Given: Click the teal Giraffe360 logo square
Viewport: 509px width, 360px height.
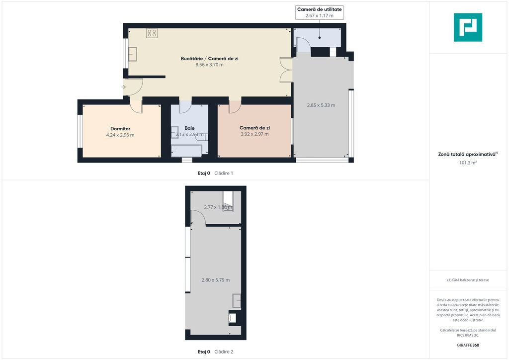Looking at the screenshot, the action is coord(468,27).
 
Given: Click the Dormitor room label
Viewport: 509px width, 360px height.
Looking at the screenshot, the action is coord(120,129).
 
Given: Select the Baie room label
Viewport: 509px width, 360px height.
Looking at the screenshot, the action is coord(189,128).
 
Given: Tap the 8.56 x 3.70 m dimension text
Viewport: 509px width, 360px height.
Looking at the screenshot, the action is coord(209,65).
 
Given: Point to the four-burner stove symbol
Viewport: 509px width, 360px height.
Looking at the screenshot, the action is coord(152,33).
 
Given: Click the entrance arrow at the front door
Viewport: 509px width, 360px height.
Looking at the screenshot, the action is coord(123,87).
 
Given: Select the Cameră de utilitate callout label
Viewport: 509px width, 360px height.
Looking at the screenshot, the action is coord(320,9).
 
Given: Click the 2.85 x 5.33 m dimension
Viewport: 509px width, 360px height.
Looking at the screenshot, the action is coord(321,105).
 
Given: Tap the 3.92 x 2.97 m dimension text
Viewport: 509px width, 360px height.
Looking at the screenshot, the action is coord(254,134).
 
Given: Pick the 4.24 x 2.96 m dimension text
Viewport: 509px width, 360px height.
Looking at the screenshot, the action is coord(120,135).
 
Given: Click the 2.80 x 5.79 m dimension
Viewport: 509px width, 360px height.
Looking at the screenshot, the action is coord(216,280).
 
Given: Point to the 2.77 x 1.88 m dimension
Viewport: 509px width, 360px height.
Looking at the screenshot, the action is coord(218,207).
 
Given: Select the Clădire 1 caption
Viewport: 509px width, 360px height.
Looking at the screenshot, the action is coord(224,174).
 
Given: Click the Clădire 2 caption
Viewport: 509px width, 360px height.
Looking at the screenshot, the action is coord(224,352).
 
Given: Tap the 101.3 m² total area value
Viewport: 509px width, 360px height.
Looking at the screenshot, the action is coord(468,163).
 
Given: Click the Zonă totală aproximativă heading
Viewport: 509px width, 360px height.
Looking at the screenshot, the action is coord(468,154).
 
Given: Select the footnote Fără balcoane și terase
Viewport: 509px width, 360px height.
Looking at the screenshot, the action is coord(468,280).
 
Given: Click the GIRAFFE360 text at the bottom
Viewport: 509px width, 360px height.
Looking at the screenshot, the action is coord(468,345).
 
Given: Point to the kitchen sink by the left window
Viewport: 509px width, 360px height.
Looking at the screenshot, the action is coord(132,54).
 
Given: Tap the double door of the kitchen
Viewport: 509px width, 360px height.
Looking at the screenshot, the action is coord(286,70).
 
